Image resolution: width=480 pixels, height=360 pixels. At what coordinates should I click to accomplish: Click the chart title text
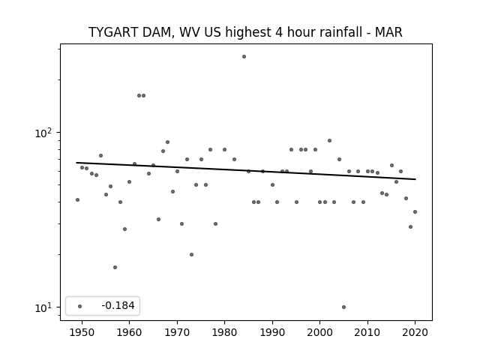point(245,32)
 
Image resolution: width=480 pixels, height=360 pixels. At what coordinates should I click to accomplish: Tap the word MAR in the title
point(388,32)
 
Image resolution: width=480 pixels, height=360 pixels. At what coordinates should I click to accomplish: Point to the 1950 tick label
point(82,332)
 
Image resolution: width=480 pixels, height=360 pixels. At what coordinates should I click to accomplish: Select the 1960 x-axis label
point(129,332)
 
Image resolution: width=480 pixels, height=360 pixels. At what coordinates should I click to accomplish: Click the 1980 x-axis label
point(224,332)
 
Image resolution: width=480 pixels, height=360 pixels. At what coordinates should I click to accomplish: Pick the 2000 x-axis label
point(319,332)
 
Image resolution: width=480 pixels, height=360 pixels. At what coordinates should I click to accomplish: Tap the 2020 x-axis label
point(415,332)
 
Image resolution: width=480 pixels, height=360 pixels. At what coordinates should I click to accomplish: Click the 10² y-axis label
point(43,133)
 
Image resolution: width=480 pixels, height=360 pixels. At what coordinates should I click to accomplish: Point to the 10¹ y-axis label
point(43,307)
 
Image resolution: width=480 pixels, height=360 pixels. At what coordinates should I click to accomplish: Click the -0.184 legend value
point(118,305)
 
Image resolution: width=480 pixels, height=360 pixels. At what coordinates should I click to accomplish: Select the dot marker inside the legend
point(79,306)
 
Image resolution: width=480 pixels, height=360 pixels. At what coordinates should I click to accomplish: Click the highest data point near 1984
point(244,57)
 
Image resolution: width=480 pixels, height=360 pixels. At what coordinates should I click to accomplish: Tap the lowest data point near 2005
point(343,307)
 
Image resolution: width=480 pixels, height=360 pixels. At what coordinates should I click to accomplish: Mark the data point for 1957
point(115,267)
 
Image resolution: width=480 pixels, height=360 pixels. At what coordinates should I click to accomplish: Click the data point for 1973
point(191,255)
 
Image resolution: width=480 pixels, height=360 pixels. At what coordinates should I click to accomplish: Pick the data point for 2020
point(415,211)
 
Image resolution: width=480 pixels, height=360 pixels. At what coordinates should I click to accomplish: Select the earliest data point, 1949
point(77,200)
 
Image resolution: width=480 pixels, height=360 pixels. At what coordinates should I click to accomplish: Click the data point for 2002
point(329,141)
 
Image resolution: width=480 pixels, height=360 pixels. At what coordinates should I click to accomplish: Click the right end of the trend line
point(415,179)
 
